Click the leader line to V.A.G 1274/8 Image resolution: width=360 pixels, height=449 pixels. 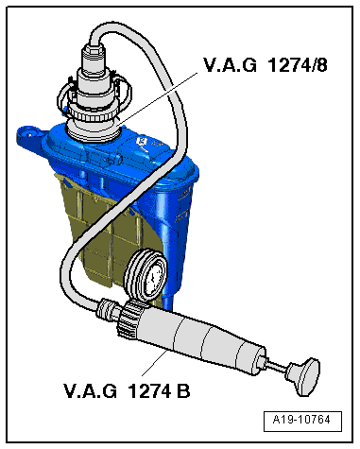161,95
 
